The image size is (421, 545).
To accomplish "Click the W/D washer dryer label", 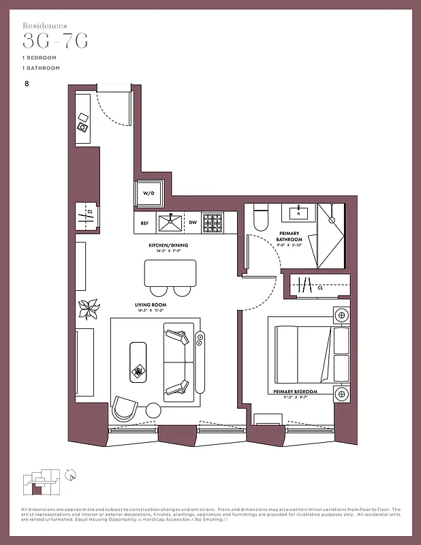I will click(148, 193).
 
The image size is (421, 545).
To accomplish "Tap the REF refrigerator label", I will click(144, 223).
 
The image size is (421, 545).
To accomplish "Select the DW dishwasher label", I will click(193, 223).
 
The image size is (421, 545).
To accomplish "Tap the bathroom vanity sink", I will click(299, 213).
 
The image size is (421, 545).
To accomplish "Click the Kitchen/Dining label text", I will click(168, 245).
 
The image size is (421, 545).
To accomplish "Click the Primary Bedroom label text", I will click(296, 392).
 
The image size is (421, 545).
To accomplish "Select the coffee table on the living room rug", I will click(139, 361).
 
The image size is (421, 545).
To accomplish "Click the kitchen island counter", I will click(170, 272).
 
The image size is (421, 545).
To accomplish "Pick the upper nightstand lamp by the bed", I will click(341, 315).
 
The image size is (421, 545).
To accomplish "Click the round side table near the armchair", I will click(153, 410).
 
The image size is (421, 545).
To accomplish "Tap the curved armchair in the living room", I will click(125, 407).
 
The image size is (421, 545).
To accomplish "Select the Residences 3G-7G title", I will click(54, 37).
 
